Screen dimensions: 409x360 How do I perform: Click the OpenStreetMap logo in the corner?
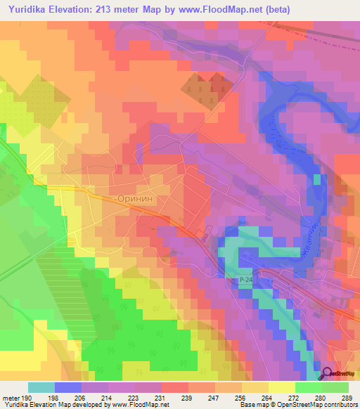339,375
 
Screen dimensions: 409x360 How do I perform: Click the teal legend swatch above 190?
41,387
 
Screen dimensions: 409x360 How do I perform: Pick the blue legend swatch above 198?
68,387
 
